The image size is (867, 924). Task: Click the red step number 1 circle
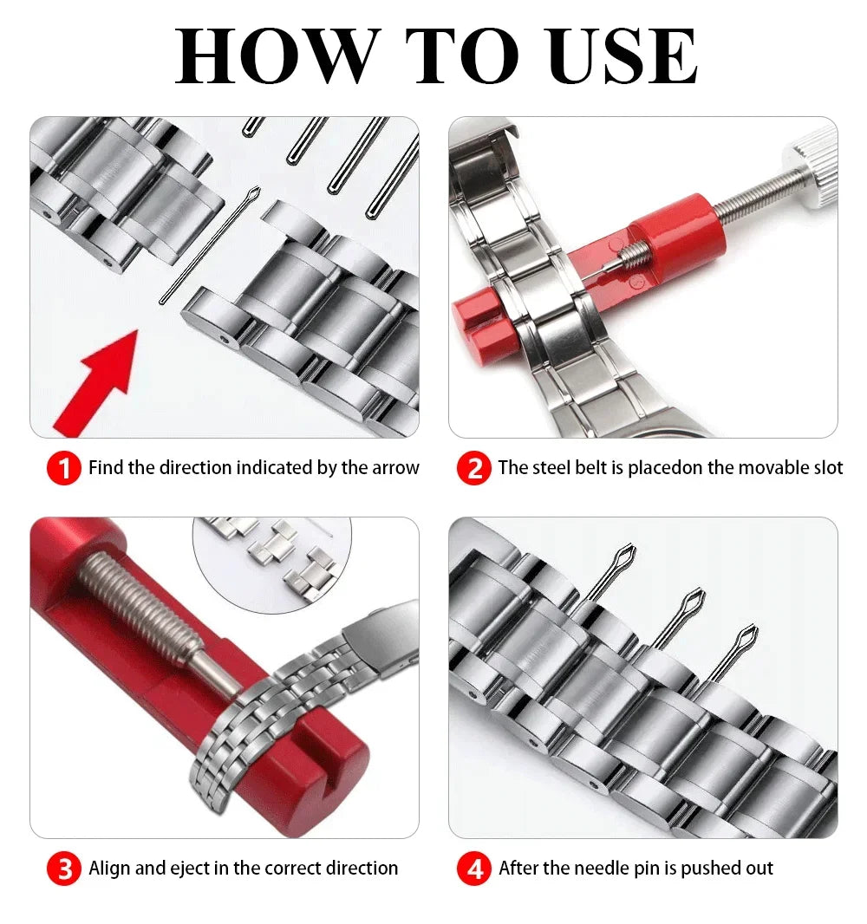[63, 469]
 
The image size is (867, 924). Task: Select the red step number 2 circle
[473, 469]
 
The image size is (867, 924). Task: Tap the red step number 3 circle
[63, 869]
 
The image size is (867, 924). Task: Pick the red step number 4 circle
[473, 869]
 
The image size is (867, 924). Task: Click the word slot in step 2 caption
[825, 468]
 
